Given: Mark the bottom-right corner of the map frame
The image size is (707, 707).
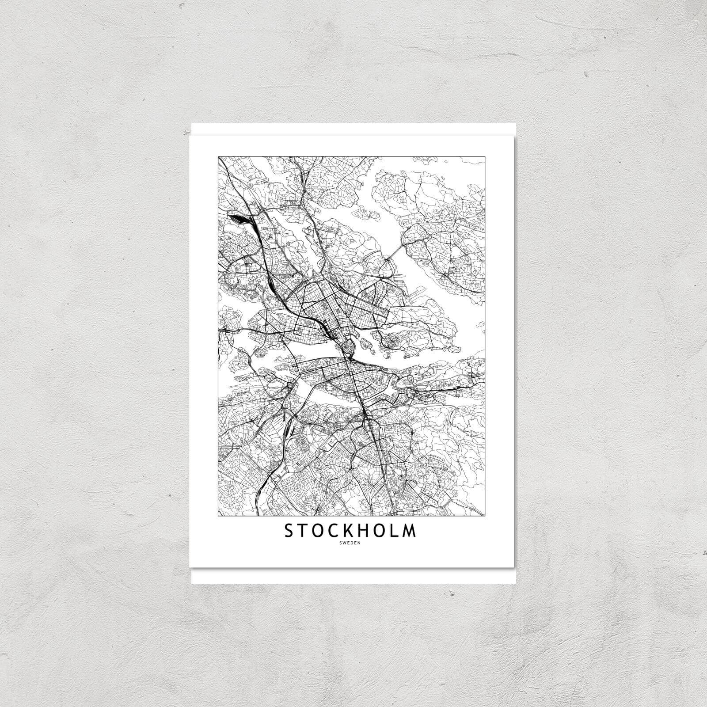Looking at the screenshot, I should point(485,516).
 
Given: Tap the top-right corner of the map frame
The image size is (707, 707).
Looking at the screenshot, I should point(485,156).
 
